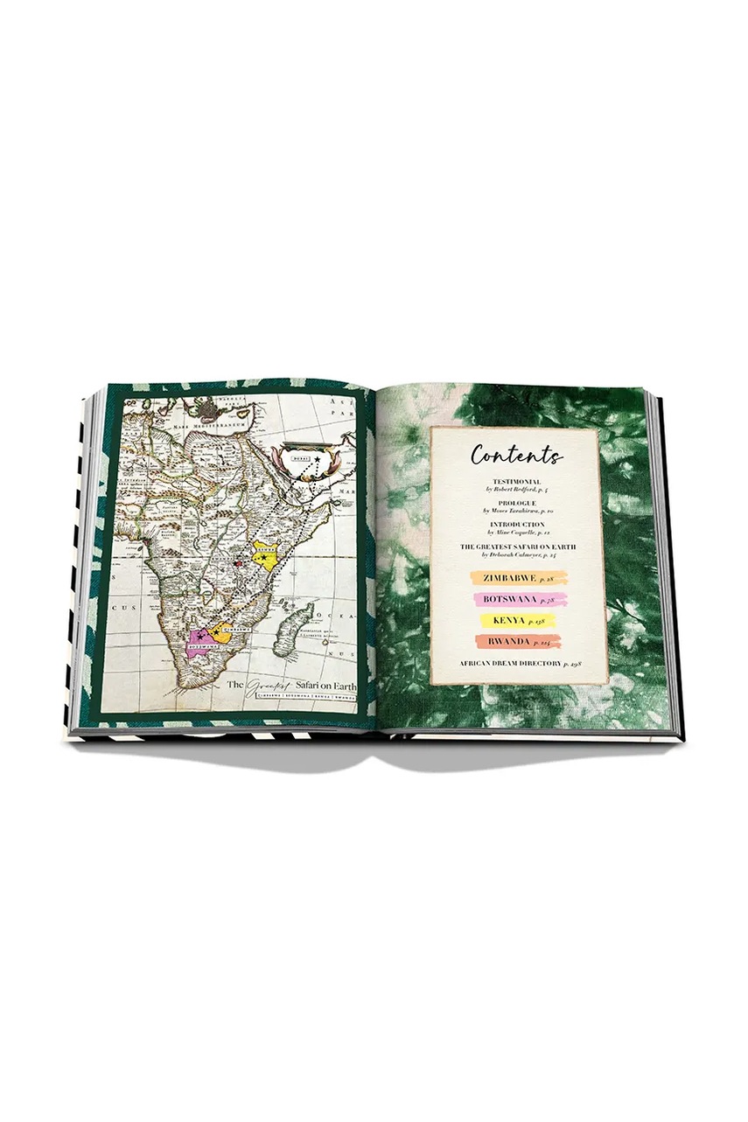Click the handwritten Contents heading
pos(516,456)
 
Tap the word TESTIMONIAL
pos(515,482)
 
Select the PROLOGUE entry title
pos(515,503)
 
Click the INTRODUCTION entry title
pos(515,525)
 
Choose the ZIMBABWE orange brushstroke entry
pos(518,578)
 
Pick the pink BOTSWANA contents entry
pos(518,599)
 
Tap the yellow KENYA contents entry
pos(518,620)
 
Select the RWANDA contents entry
pos(518,641)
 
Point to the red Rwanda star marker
pos(237,564)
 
